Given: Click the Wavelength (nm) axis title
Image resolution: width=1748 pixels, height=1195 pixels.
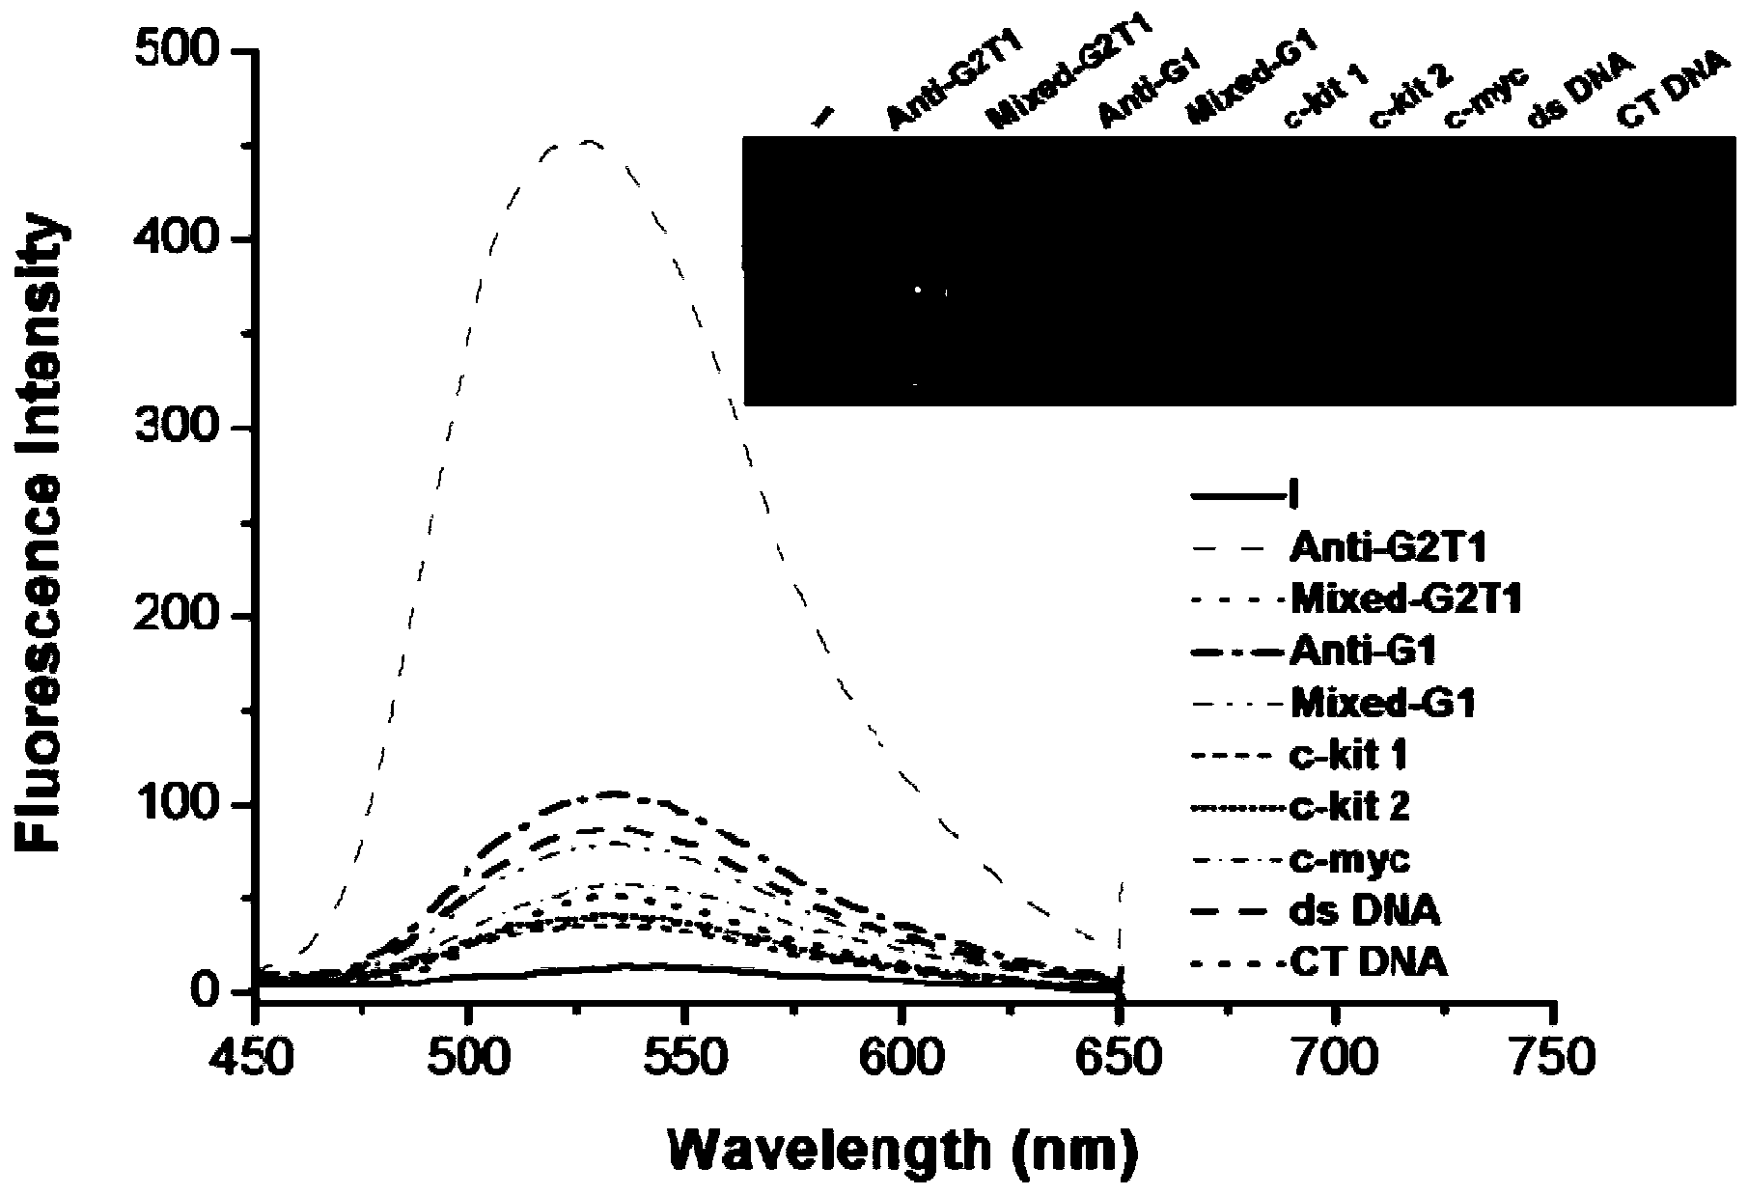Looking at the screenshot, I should (x=903, y=1151).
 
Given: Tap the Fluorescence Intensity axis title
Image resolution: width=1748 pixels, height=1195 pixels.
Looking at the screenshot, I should (x=41, y=534).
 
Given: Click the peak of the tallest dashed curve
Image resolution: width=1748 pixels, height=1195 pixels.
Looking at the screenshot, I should (x=581, y=144).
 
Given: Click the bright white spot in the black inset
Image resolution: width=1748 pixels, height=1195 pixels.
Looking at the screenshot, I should (x=919, y=290).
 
